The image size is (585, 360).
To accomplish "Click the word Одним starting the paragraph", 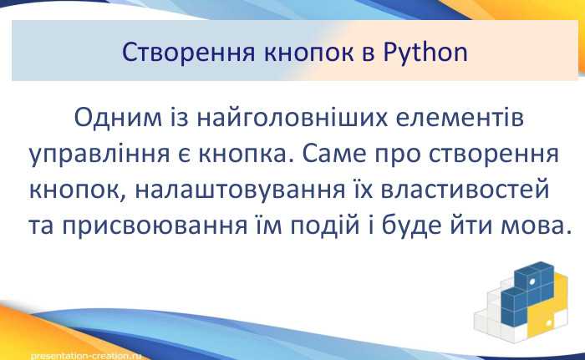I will pos(114,119).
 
